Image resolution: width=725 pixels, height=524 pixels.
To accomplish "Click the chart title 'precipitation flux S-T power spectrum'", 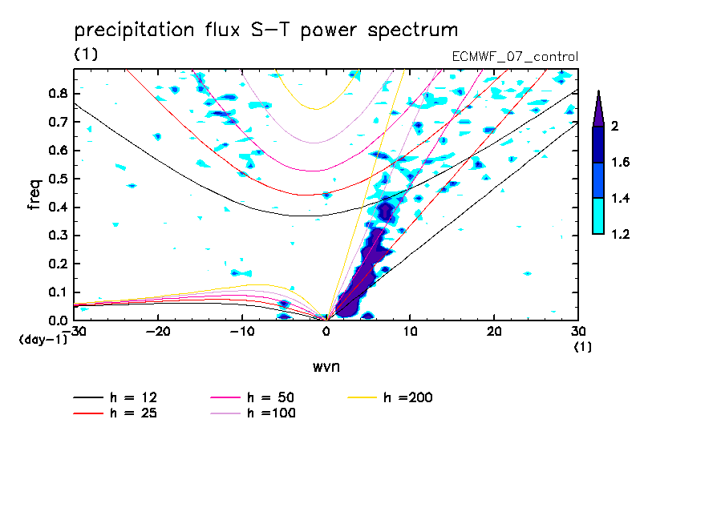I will coord(265,30).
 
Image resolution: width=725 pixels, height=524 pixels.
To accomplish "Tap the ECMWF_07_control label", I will coord(515,57).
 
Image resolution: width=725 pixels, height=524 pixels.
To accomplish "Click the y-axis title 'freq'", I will coord(34,195).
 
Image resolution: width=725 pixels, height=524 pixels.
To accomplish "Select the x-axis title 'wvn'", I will coord(326,366).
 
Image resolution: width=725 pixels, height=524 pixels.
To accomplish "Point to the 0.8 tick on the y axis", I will coord(58,93).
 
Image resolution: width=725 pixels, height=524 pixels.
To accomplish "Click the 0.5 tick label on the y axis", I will coord(58,179).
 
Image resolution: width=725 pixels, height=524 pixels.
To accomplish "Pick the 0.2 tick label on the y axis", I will coord(58,264).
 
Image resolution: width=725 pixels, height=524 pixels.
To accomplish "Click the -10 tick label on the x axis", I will coord(242,331).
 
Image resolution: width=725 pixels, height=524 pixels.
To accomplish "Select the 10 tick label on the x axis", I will coord(410,331).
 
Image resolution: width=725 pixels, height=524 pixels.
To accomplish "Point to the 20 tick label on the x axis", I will coord(494,331).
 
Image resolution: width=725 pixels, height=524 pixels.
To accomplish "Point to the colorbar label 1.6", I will coord(620,163).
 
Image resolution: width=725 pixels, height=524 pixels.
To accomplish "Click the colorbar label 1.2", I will coord(620,235).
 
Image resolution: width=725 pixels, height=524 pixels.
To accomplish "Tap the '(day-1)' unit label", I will coord(43,339).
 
